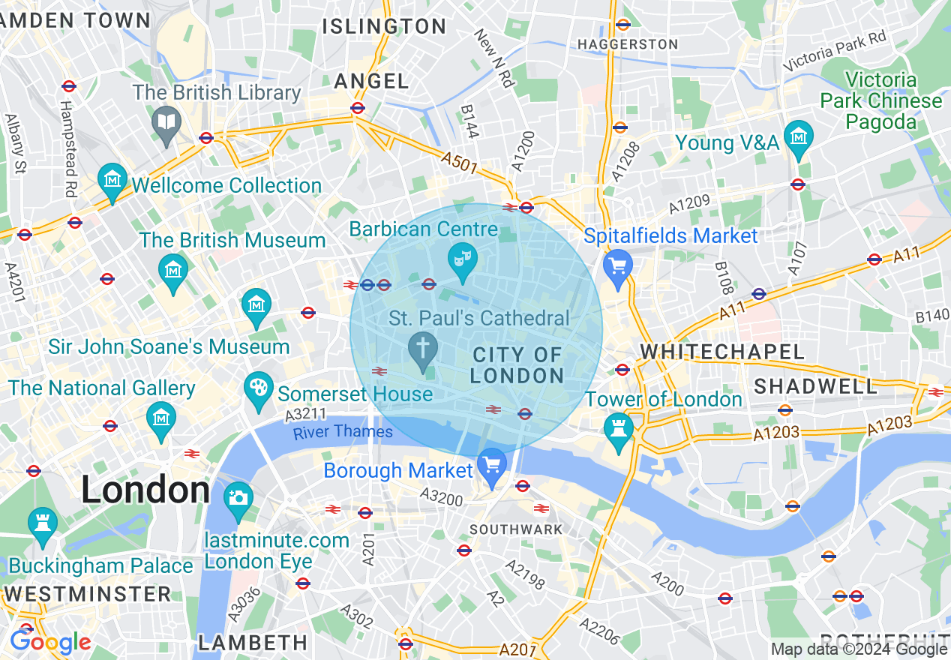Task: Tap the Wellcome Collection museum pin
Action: coord(112,181)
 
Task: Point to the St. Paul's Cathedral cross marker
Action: coord(423,349)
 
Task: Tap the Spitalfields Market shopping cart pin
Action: coord(618,266)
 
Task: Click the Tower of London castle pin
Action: coord(619,430)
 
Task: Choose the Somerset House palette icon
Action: coord(258,388)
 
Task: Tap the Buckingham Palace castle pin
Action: coord(42,523)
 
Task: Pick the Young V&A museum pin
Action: coord(798,138)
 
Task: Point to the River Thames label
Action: coord(343,432)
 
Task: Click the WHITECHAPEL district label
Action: coord(721,352)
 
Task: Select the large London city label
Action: coord(145,490)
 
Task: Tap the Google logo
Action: coord(50,642)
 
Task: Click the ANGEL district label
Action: coord(372,81)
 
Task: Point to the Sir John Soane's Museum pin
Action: coord(256,306)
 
